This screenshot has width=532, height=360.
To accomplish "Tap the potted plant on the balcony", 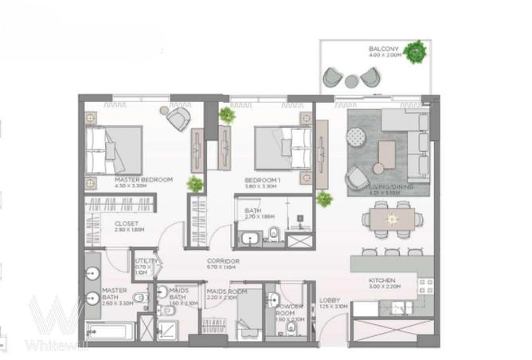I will point(414,53).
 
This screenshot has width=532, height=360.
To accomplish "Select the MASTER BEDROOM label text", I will point(144,180).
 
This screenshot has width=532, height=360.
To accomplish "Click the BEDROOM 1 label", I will point(260,180).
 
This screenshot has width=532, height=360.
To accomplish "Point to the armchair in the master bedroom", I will point(178,119).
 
